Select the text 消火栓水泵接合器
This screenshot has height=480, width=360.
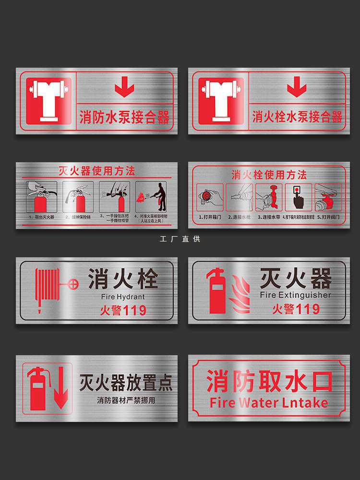(x=297, y=117)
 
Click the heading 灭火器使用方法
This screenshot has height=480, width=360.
(x=96, y=171)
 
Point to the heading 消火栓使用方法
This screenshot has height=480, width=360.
(x=269, y=174)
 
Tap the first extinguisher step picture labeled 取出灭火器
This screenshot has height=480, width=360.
(x=41, y=197)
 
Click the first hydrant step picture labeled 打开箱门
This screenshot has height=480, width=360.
(x=210, y=197)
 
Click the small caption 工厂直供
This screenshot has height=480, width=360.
(x=180, y=239)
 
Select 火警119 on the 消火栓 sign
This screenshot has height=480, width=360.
(x=123, y=310)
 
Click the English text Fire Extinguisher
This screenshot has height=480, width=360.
(x=295, y=295)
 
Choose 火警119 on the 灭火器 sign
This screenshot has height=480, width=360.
(x=296, y=309)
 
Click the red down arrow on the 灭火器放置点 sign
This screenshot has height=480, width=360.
(x=60, y=395)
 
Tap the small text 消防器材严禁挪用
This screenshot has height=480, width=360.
(x=126, y=400)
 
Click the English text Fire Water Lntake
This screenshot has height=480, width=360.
(x=269, y=402)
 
